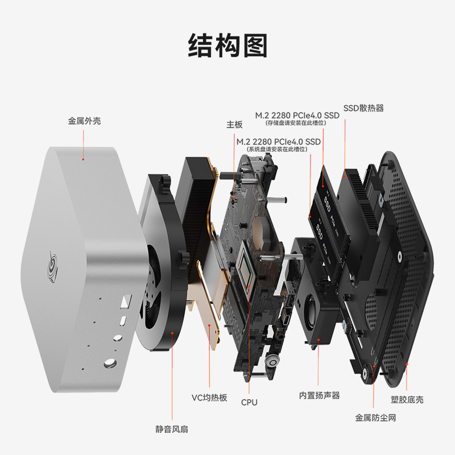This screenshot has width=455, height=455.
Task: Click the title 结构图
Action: tap(227, 45)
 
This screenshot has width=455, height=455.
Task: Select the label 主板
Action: tap(234, 124)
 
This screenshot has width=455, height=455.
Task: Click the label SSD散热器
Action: tap(363, 108)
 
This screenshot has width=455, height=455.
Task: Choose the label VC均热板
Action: tap(209, 398)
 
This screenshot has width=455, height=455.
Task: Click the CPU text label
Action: tap(249, 402)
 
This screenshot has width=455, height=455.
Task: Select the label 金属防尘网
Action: tap(375, 418)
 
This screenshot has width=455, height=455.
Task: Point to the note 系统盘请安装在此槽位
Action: tap(278, 149)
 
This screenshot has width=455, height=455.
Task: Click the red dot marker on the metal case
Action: tap(83, 159)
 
